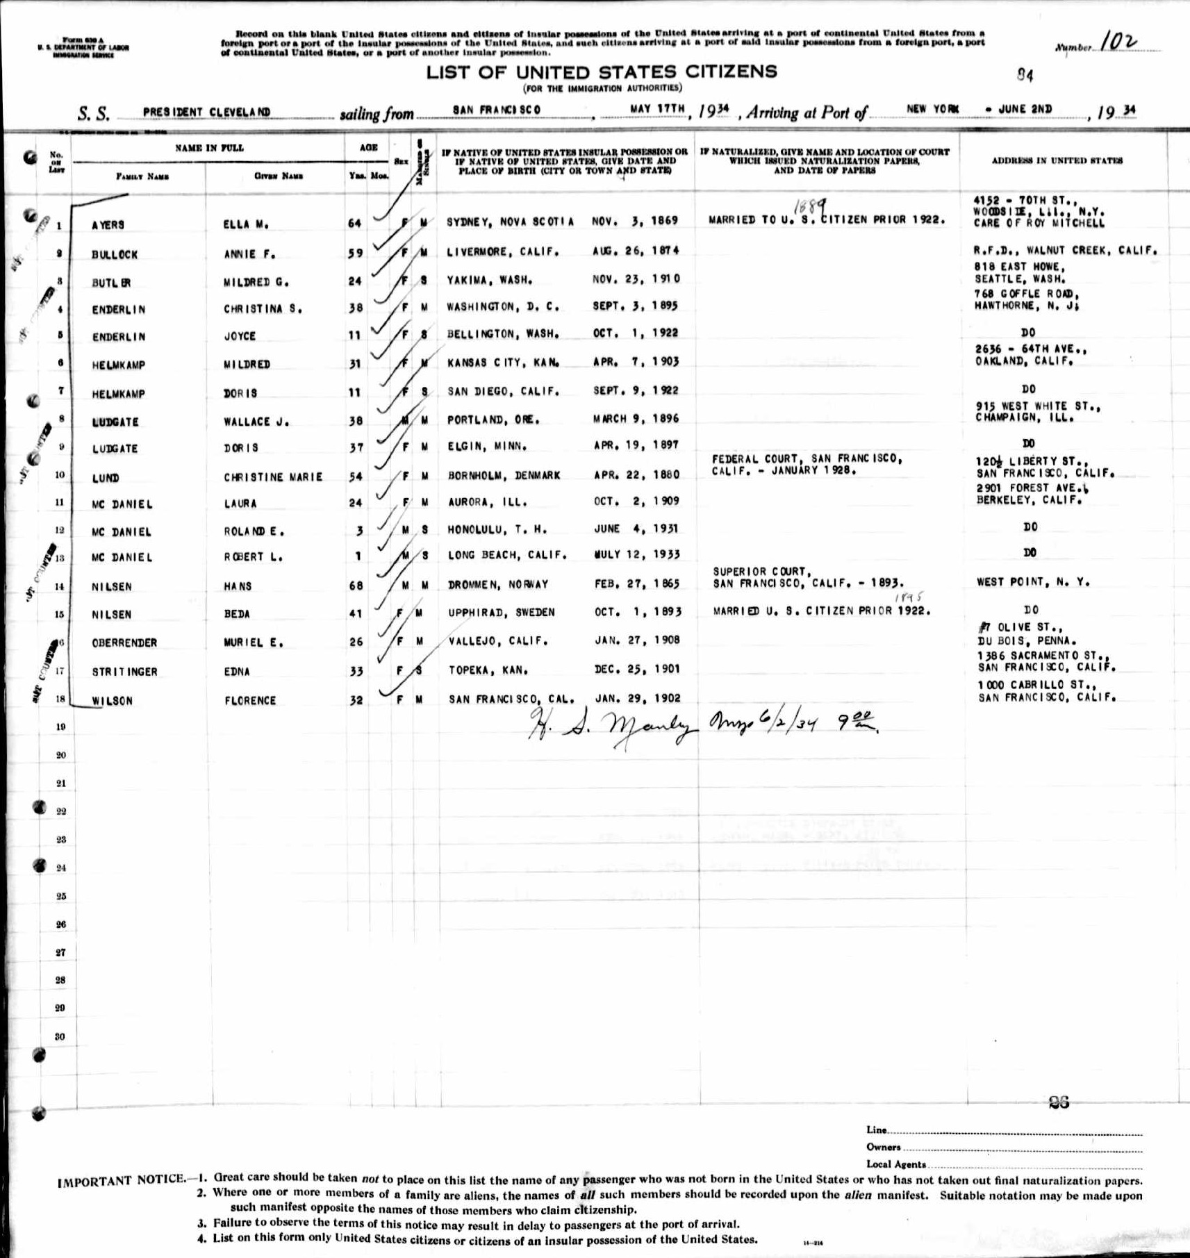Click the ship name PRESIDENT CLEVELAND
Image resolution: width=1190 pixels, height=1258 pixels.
pyautogui.click(x=206, y=112)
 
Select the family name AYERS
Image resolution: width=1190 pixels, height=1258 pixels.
pyautogui.click(x=108, y=225)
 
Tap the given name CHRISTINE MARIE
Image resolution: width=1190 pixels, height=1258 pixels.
pyautogui.click(x=273, y=477)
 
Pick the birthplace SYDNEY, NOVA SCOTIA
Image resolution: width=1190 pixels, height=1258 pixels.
pyautogui.click(x=510, y=222)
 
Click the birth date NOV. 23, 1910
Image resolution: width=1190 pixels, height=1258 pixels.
pyautogui.click(x=636, y=279)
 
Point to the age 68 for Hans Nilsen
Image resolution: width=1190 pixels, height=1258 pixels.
pyautogui.click(x=356, y=586)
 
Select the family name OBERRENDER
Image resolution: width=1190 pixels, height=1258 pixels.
pyautogui.click(x=124, y=643)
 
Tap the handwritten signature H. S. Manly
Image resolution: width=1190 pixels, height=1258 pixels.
pyautogui.click(x=613, y=725)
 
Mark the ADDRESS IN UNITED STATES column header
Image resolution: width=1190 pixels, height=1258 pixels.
pyautogui.click(x=1057, y=160)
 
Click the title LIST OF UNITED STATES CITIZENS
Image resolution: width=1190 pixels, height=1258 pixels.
pyautogui.click(x=602, y=72)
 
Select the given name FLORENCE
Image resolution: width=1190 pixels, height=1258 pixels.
pyautogui.click(x=250, y=700)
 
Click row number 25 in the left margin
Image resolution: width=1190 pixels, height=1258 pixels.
pyautogui.click(x=61, y=896)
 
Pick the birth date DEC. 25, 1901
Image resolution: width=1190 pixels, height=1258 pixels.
pyautogui.click(x=637, y=669)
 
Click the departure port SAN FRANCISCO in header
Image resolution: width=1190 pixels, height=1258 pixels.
pyautogui.click(x=496, y=110)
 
